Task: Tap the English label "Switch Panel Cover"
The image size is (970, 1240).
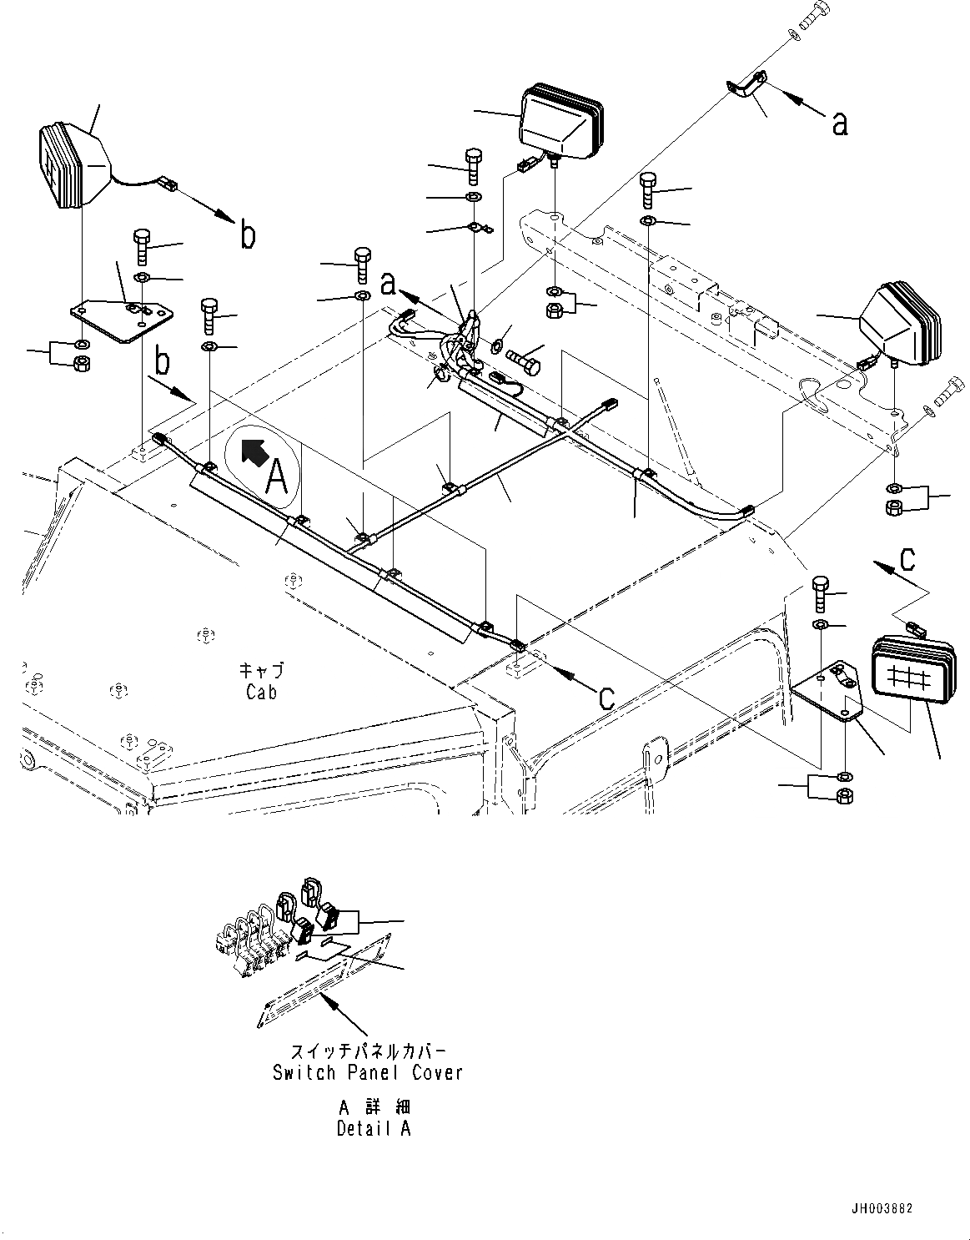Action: point(367,1072)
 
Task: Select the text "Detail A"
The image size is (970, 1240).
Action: point(374,1129)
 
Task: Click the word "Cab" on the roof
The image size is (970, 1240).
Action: point(261,692)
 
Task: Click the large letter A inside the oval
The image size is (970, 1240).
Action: point(276,478)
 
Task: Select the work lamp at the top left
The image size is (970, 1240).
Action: point(73,165)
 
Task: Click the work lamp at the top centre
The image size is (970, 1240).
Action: point(560,121)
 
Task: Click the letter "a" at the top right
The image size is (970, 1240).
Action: point(840,123)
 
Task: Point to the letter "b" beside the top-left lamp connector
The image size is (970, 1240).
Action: point(248,234)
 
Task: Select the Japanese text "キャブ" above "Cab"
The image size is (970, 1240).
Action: point(261,671)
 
